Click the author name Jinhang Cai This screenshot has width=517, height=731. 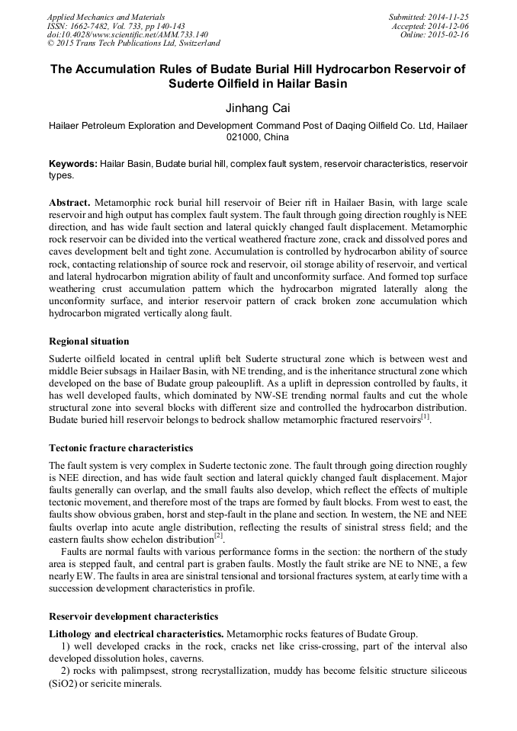[258, 107]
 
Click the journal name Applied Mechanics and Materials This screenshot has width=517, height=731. [105, 17]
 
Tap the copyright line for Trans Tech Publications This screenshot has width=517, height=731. [133, 44]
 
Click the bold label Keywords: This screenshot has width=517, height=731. [73, 164]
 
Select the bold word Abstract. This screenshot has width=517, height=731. [69, 204]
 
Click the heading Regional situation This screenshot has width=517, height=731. [88, 341]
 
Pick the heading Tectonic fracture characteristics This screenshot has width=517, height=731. [120, 447]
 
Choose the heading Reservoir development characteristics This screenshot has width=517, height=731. [133, 616]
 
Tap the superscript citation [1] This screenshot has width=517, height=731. [425, 417]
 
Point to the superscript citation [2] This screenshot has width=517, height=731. [218, 534]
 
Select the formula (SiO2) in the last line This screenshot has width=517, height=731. [67, 685]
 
